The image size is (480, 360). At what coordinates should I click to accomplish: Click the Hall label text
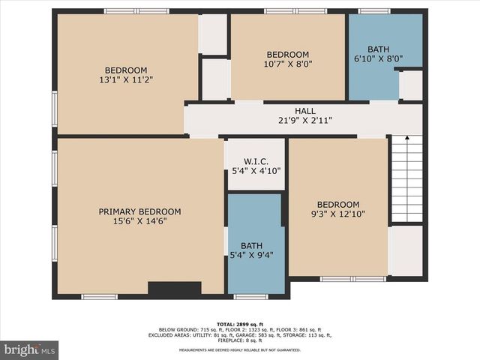click(x=304, y=111)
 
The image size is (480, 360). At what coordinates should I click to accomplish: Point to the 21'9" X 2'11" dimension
click(x=304, y=120)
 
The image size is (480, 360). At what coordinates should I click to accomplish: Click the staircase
click(x=407, y=178)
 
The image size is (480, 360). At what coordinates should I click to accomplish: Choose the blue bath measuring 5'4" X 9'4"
click(x=256, y=250)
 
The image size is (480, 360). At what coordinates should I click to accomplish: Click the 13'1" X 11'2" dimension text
click(x=126, y=79)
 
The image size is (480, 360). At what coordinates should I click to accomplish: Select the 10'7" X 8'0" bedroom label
click(x=288, y=55)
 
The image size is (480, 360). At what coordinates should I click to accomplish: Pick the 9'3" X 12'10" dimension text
click(x=338, y=214)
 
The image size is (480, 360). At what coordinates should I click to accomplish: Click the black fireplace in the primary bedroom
click(x=175, y=288)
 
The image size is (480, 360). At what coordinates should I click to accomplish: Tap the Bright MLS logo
click(x=30, y=349)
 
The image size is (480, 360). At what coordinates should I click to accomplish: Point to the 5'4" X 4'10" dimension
click(x=256, y=171)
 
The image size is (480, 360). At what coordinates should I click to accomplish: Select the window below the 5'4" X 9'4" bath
click(x=250, y=297)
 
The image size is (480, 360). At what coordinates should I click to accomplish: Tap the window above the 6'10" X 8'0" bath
click(x=374, y=11)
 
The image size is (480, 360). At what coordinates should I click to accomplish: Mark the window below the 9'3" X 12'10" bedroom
click(x=352, y=279)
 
